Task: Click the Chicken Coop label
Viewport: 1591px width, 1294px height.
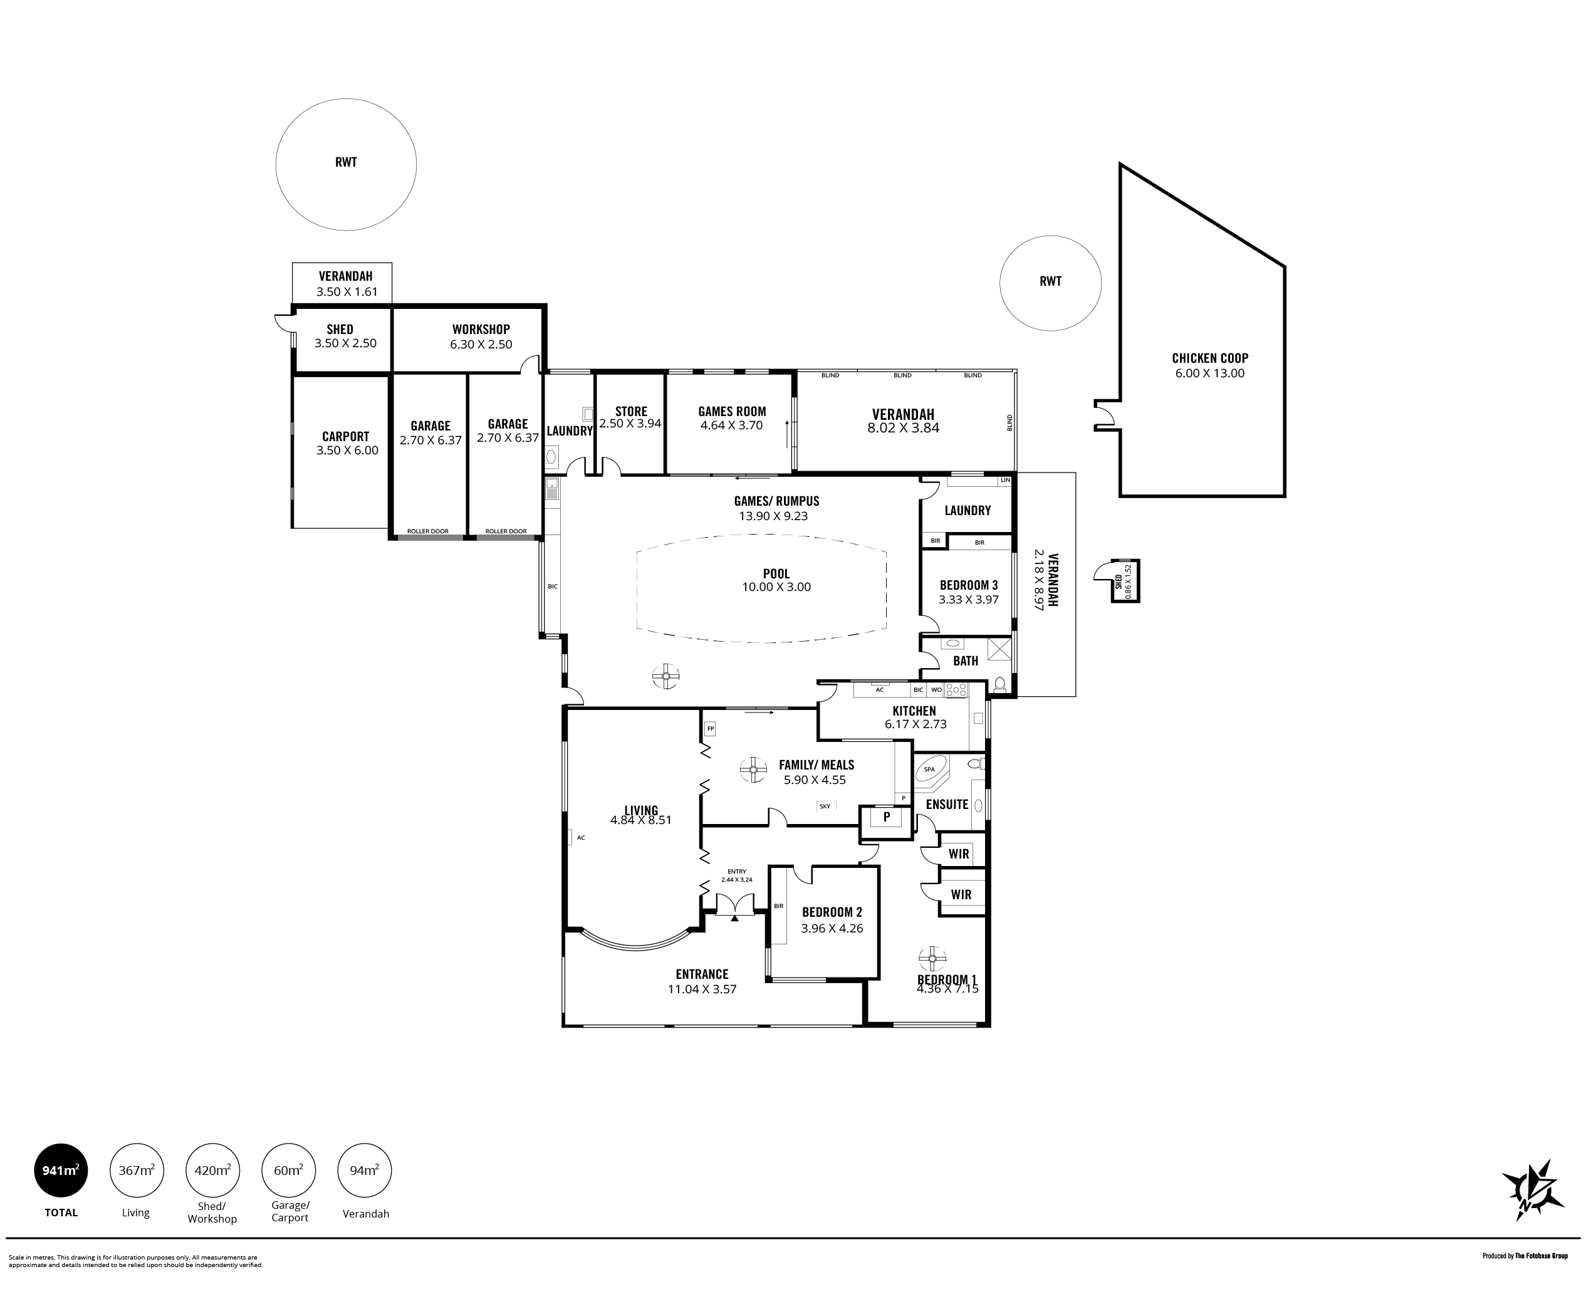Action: tap(1209, 358)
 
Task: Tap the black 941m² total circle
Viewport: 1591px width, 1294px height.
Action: tap(61, 1171)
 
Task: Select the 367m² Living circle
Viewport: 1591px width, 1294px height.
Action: tap(137, 1171)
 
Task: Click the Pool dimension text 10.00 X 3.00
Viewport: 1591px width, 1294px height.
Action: tap(776, 587)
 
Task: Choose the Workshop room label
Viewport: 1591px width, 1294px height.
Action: tap(481, 329)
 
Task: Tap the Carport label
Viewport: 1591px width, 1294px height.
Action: tap(346, 437)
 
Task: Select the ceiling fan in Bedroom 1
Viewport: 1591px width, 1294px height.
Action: tap(932, 959)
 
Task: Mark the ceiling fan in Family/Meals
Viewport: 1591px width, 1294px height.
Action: tap(753, 770)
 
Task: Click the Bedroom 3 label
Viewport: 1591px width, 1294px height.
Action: tap(969, 585)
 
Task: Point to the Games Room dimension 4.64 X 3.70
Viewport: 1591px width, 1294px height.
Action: tap(732, 425)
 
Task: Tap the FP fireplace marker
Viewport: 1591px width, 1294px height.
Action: tap(710, 728)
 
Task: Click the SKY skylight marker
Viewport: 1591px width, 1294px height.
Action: tap(825, 806)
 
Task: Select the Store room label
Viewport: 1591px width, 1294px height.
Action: tap(631, 410)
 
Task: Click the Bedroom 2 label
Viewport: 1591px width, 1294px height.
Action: tap(832, 912)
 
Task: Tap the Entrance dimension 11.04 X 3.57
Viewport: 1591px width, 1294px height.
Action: tap(702, 989)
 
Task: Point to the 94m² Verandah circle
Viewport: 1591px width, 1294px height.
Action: tap(365, 1171)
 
